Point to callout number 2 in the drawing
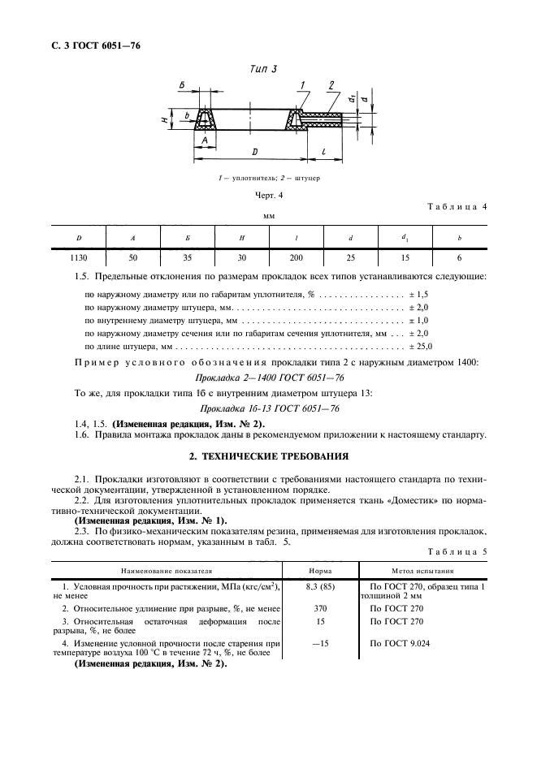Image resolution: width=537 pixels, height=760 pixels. point(331,85)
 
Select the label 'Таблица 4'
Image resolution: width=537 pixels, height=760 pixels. point(456,206)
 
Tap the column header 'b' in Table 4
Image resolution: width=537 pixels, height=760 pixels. point(459,237)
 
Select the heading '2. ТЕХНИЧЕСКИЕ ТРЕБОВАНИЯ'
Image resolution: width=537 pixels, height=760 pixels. point(268,456)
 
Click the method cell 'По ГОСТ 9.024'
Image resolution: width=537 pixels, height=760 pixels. point(399,643)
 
